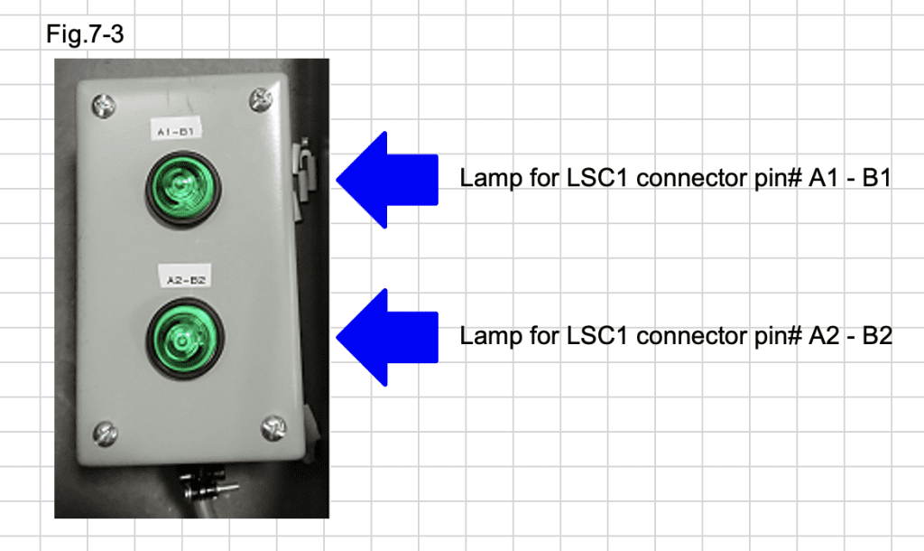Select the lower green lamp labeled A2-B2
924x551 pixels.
click(186, 337)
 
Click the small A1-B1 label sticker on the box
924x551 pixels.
click(179, 132)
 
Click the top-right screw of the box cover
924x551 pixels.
click(262, 98)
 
